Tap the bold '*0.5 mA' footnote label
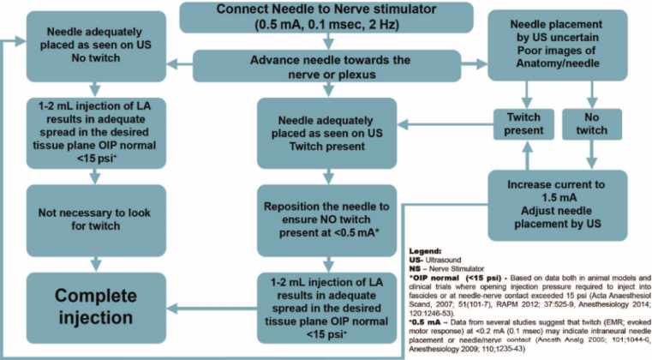[x=437, y=321]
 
